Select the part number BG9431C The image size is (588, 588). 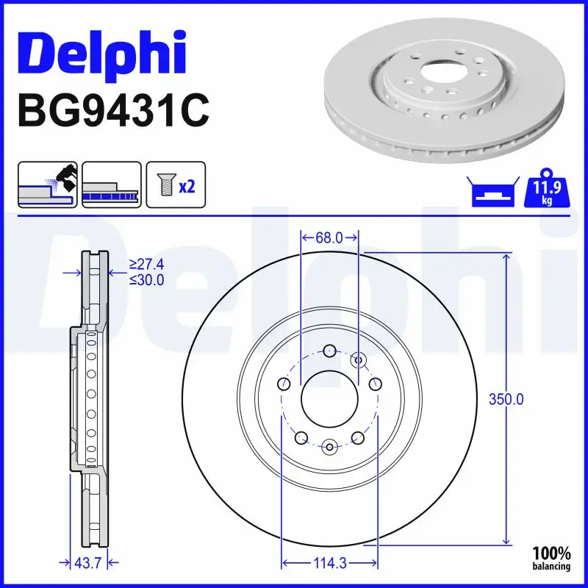[114, 111]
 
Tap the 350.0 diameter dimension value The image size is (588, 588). [506, 400]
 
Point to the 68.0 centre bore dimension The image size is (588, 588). [329, 237]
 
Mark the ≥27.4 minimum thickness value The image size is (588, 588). [146, 263]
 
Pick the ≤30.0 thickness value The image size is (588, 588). [146, 280]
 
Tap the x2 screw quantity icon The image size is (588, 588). [176, 184]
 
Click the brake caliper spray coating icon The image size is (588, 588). [47, 184]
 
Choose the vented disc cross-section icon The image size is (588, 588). [112, 184]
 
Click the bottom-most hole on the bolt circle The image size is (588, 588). [329, 446]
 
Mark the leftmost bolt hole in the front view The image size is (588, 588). [283, 383]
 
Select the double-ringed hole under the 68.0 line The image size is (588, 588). [359, 359]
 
